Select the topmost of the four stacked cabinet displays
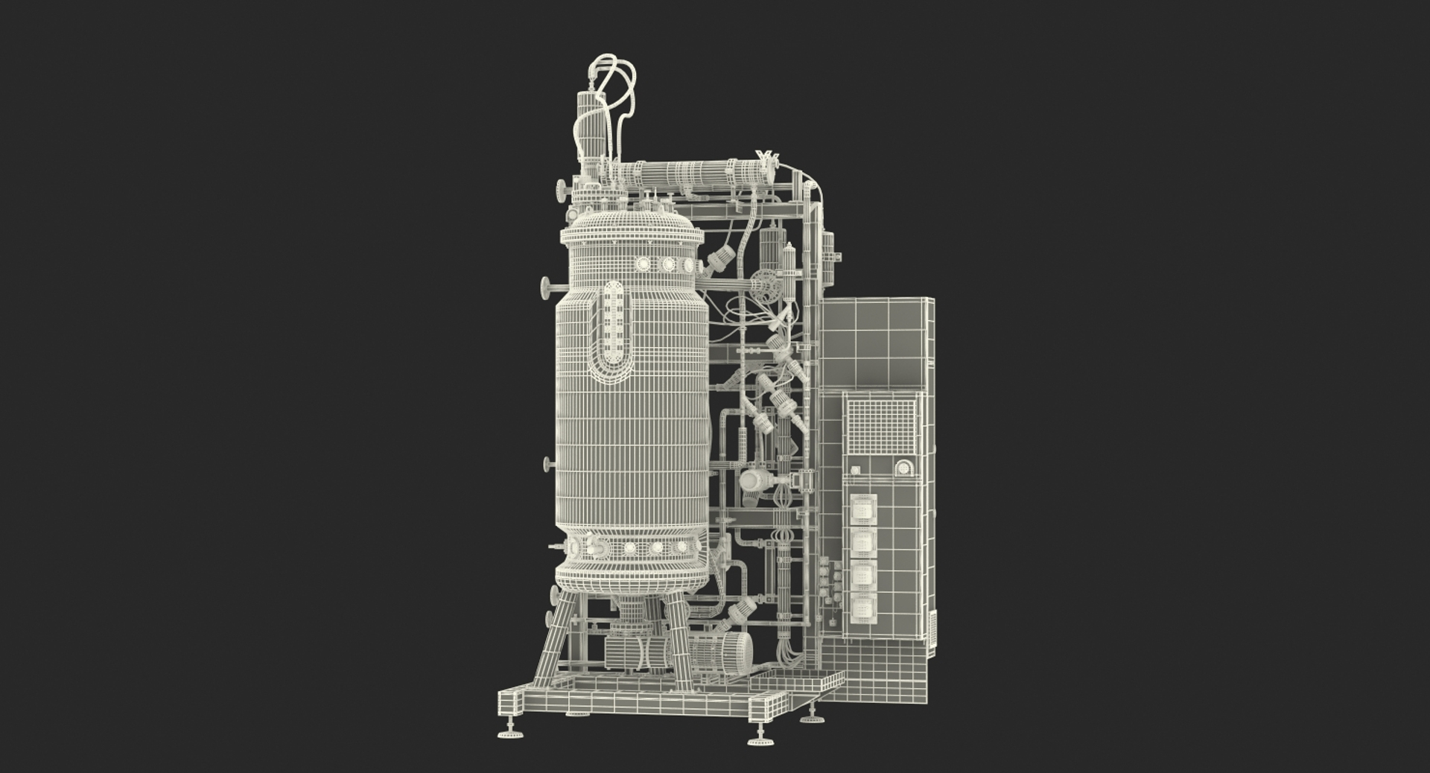(x=863, y=510)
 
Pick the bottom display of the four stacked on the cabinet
(x=863, y=607)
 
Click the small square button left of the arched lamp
(x=856, y=470)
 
